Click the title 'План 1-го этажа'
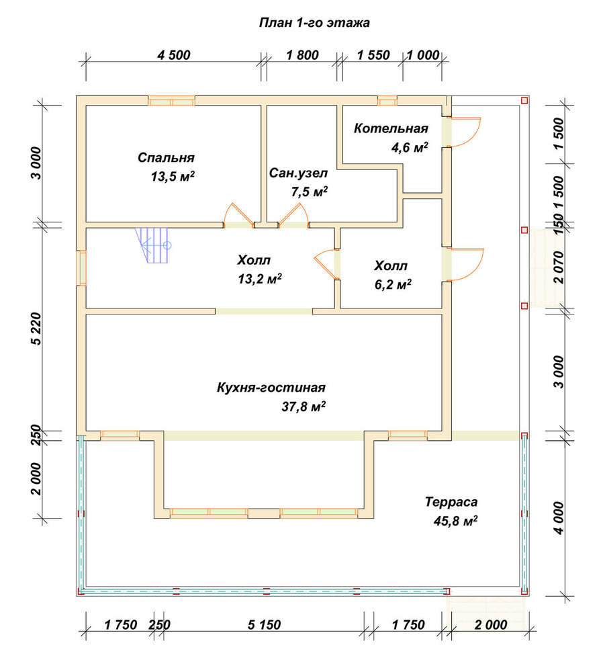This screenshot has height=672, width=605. click(x=314, y=22)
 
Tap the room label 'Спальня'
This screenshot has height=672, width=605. click(x=166, y=158)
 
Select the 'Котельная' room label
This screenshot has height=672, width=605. click(x=391, y=128)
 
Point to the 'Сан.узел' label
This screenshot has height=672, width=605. click(x=298, y=173)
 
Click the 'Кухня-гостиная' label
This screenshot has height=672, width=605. click(x=271, y=388)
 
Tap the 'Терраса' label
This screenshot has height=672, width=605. click(x=451, y=502)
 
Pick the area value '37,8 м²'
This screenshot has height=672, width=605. click(x=303, y=406)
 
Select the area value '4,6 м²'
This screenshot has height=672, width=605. click(x=410, y=147)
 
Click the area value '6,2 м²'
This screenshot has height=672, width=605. click(x=393, y=284)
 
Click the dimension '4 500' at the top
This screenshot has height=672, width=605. click(x=173, y=55)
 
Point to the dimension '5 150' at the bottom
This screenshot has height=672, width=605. click(x=264, y=625)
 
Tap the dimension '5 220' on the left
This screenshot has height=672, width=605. click(x=36, y=329)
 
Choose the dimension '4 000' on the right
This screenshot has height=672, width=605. click(x=559, y=518)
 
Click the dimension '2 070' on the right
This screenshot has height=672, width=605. click(x=559, y=267)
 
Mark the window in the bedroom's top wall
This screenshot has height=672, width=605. click(x=172, y=101)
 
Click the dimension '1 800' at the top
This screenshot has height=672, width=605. click(x=302, y=55)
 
